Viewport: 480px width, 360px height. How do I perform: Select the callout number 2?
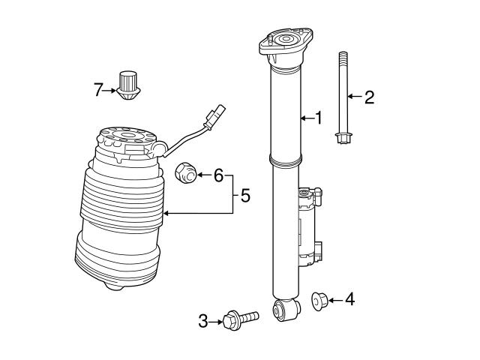click(x=368, y=97)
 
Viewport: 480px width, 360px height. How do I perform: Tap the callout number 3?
click(x=202, y=322)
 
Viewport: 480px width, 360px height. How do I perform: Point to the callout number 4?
click(x=349, y=300)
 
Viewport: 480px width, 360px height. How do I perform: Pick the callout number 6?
click(x=218, y=175)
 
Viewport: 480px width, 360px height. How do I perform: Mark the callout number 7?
click(x=97, y=90)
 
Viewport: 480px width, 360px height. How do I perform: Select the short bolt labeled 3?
click(x=239, y=319)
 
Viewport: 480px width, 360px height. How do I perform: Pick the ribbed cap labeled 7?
click(x=127, y=84)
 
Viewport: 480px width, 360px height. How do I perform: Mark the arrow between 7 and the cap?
click(x=110, y=90)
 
